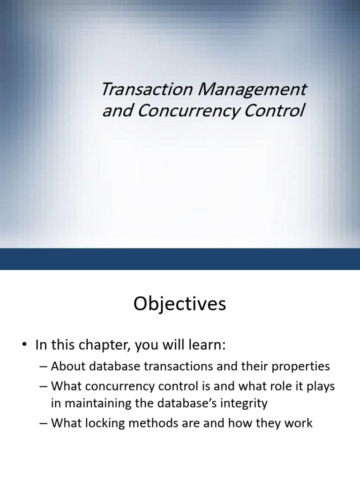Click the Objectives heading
[180, 304]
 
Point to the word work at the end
[297, 423]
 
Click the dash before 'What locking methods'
[44, 423]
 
